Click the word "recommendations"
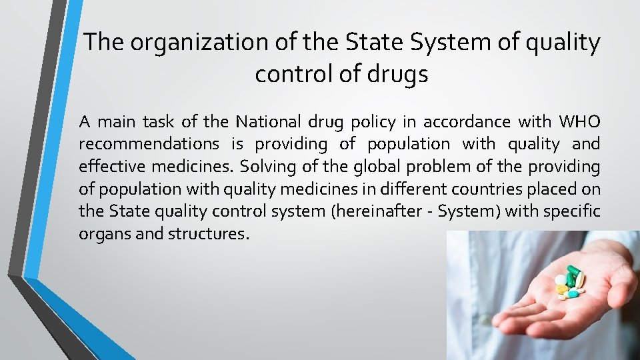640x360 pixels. pyautogui.click(x=149, y=144)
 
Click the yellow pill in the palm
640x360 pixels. pyautogui.click(x=561, y=289)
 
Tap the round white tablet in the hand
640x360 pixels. pyautogui.click(x=572, y=293)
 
